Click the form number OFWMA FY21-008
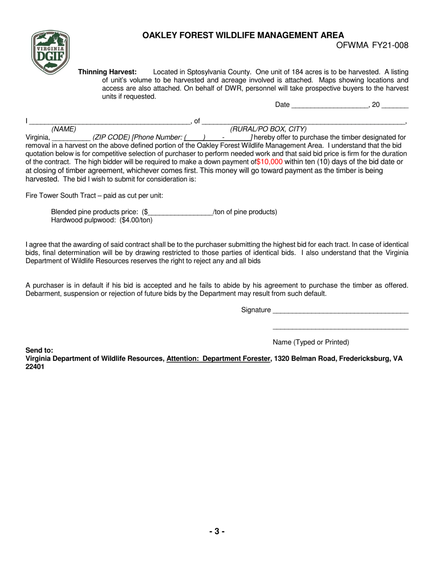coord(372,45)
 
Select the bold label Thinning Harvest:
coord(107,72)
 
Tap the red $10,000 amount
coord(270,162)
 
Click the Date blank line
coord(329,106)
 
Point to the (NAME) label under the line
coord(64,129)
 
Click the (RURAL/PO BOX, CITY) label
coord(268,129)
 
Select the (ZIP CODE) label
coord(111,137)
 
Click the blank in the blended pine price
coord(180,212)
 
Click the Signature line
coord(340,311)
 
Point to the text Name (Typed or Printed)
coord(311,342)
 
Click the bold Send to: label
coord(39,350)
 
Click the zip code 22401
coord(35,367)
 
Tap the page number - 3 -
coord(217,531)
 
